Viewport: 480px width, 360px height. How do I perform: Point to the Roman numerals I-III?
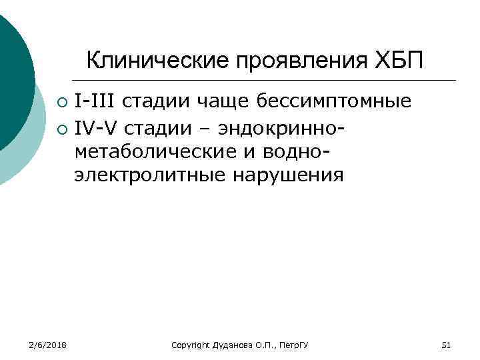click(x=95, y=101)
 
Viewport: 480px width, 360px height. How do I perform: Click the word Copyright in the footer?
click(x=191, y=345)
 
